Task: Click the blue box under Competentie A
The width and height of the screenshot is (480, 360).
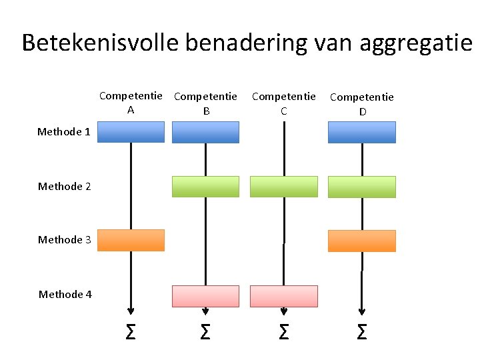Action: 131,132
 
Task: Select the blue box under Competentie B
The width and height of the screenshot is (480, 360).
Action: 205,132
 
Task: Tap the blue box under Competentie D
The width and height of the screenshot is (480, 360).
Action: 362,132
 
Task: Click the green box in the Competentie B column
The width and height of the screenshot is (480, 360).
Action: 205,187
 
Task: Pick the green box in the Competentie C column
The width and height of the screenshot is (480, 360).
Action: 283,187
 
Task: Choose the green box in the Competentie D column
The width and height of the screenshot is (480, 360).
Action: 362,187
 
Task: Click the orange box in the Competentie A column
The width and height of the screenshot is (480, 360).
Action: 131,240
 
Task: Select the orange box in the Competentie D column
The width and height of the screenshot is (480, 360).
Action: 362,241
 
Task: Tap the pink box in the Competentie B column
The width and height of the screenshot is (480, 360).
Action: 205,296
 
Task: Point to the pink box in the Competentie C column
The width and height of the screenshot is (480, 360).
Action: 283,296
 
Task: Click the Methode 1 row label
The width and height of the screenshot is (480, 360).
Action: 64,132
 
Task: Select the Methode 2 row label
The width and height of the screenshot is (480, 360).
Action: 65,187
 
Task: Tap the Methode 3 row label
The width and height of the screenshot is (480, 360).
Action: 65,240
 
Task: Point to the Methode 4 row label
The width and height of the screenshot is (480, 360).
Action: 65,295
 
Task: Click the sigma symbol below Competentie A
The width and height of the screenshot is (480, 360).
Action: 131,331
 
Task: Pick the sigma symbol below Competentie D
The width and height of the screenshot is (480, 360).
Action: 362,331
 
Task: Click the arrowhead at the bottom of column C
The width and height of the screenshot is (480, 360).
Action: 284,311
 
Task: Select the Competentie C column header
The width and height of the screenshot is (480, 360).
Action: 283,103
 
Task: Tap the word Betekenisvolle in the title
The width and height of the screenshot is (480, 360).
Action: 100,43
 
